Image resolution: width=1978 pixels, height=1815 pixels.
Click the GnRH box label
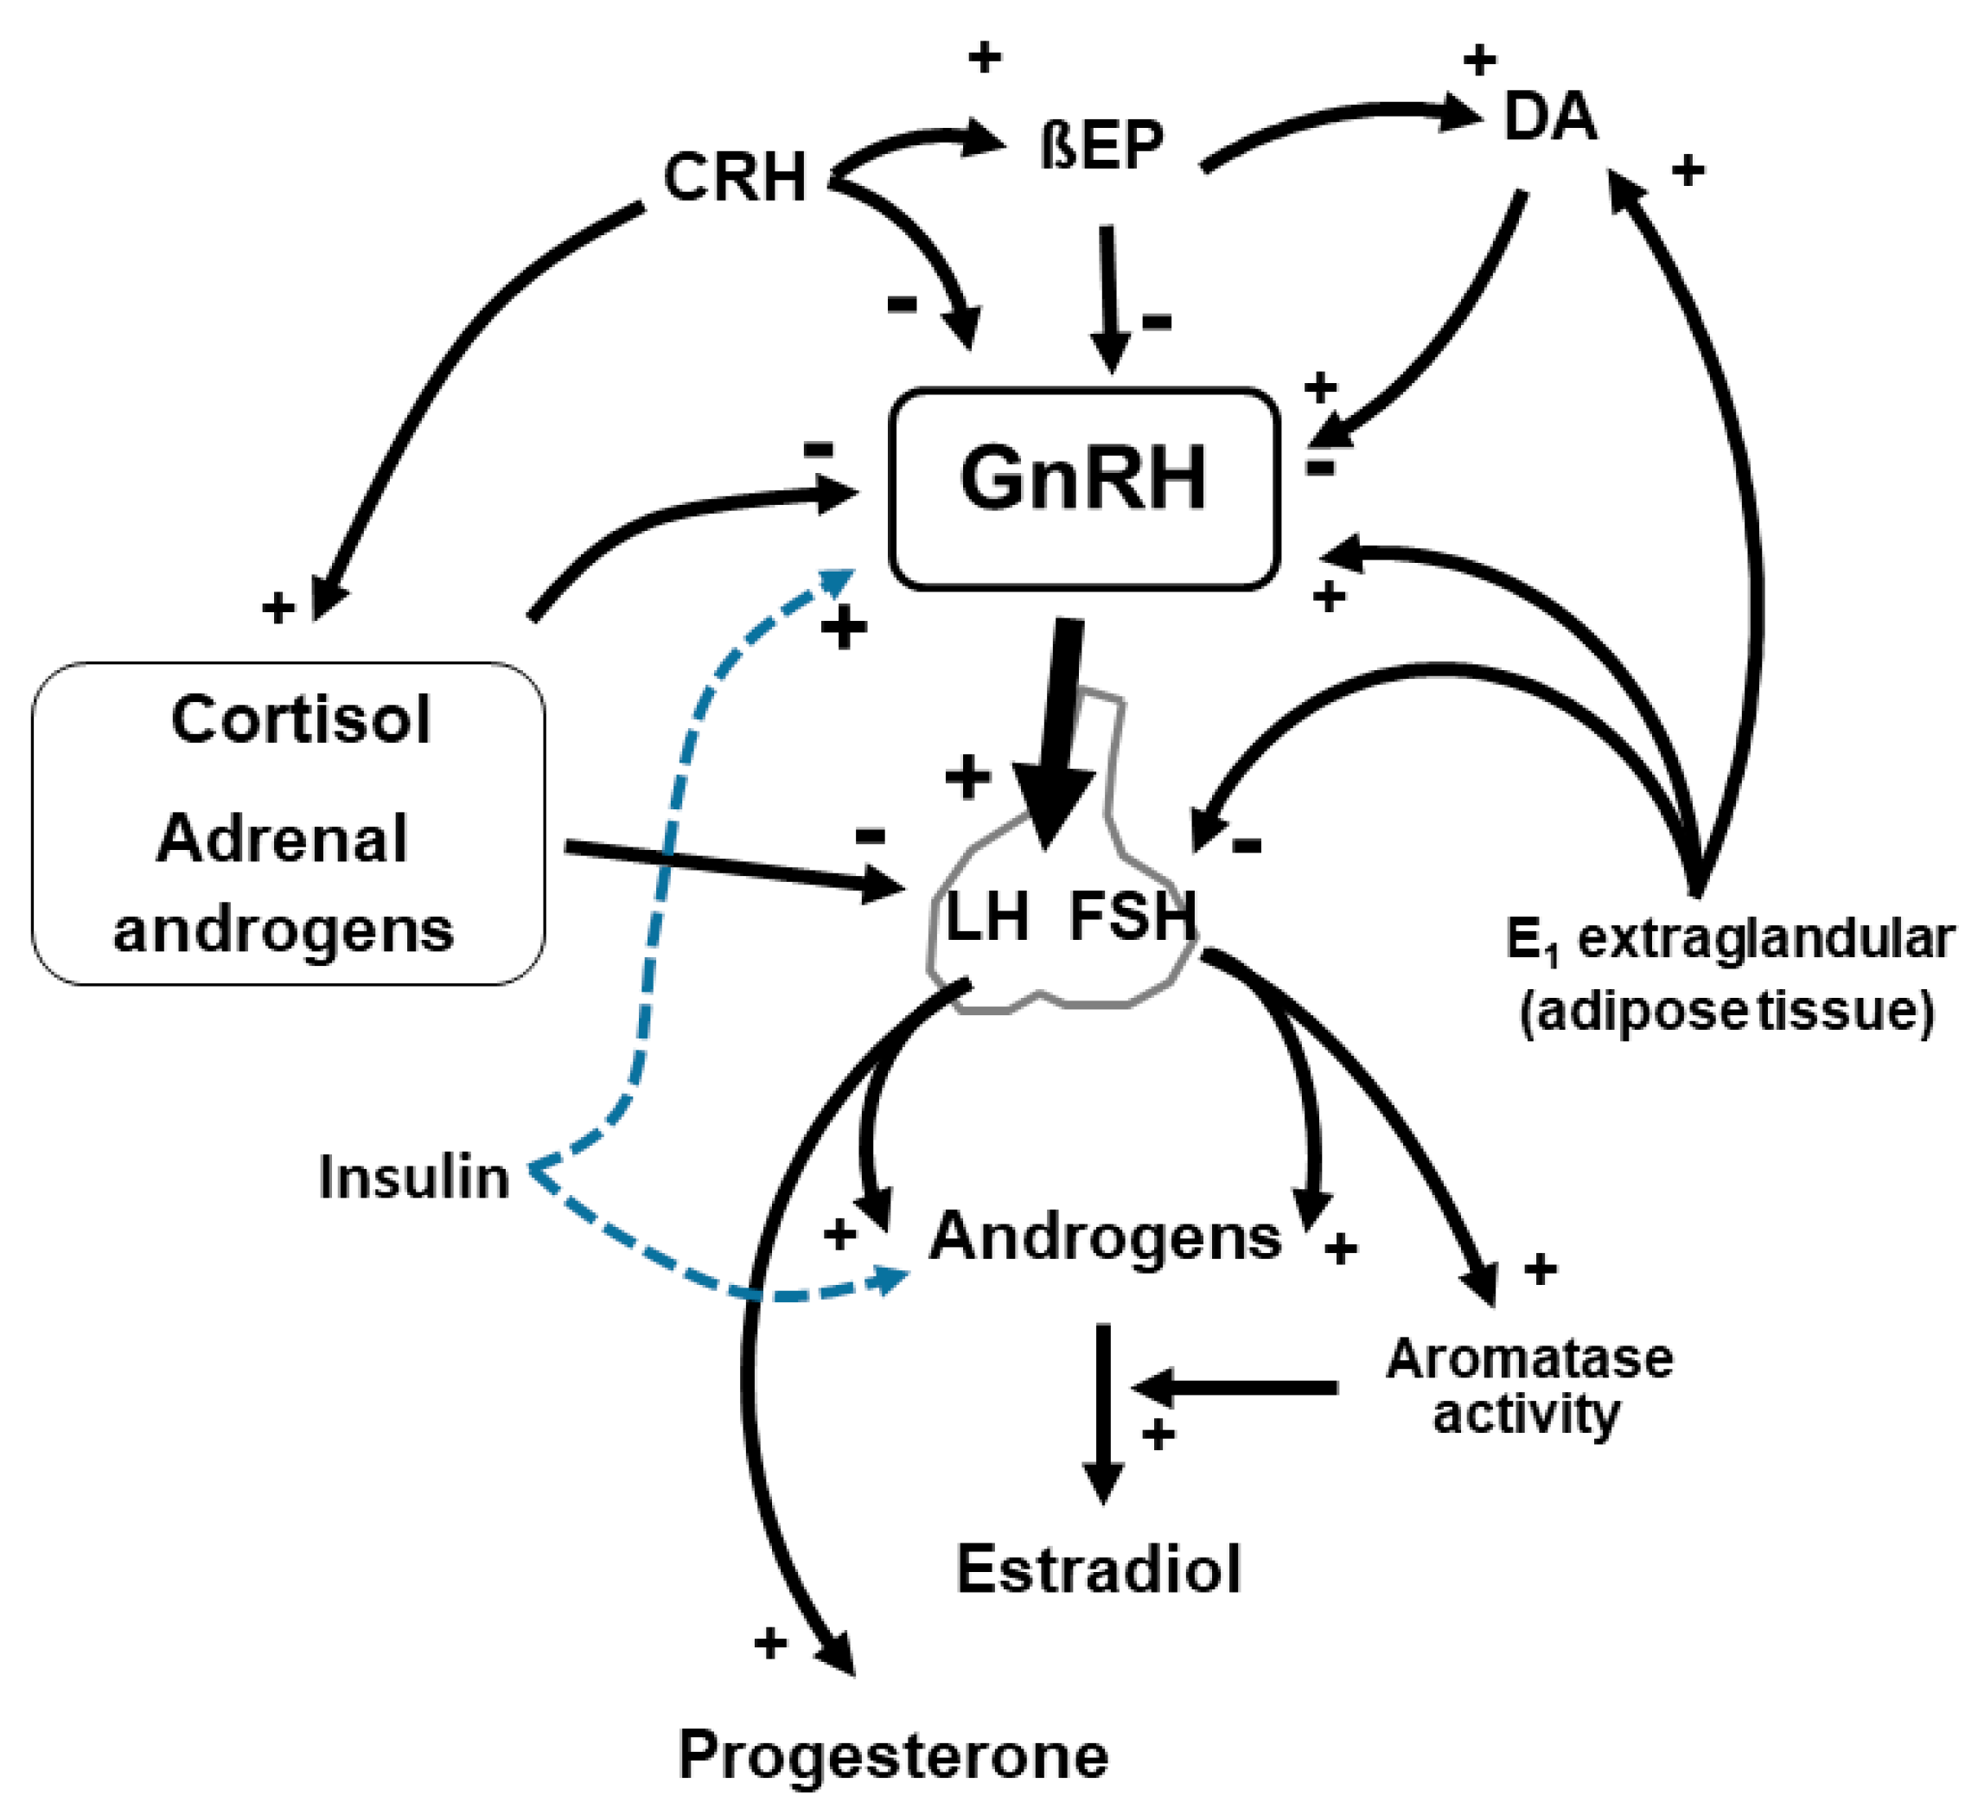click(x=1082, y=479)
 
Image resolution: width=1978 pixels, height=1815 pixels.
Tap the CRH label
click(x=735, y=178)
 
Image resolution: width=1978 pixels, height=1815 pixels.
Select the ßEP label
click(x=1101, y=145)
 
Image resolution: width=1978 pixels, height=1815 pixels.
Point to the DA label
click(x=1549, y=118)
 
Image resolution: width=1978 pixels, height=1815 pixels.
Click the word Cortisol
click(x=301, y=720)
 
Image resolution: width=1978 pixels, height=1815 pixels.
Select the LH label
click(x=986, y=917)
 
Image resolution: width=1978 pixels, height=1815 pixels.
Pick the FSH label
click(x=1133, y=917)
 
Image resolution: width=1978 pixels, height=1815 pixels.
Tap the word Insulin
click(x=413, y=1178)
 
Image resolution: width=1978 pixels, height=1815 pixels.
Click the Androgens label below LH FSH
click(x=1106, y=1237)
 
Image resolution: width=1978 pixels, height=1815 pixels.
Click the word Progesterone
click(x=893, y=1757)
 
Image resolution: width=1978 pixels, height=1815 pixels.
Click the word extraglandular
click(x=1764, y=939)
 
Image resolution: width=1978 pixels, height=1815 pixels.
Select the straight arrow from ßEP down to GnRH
click(x=1109, y=295)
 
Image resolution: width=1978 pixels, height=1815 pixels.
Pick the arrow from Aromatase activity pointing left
click(x=1237, y=1389)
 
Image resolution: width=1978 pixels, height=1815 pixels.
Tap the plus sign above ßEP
click(x=984, y=57)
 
